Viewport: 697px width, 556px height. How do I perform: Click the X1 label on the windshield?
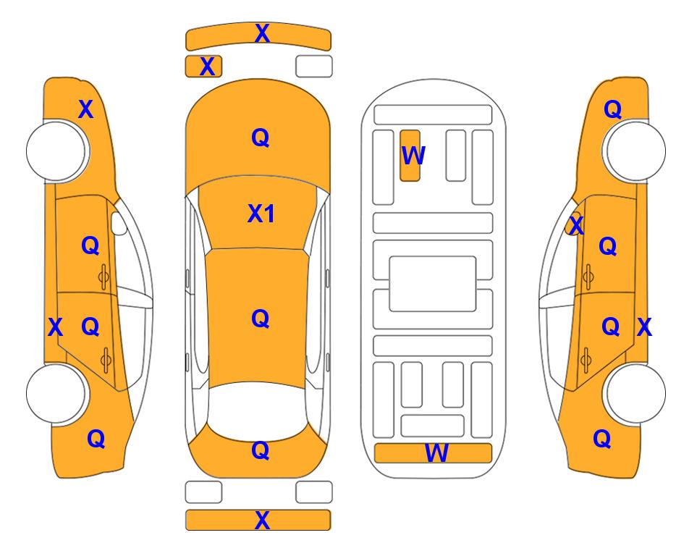pyautogui.click(x=261, y=214)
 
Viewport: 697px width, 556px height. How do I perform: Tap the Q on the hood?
pyautogui.click(x=261, y=138)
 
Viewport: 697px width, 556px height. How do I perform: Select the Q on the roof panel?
pyautogui.click(x=261, y=319)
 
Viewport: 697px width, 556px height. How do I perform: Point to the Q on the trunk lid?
pyautogui.click(x=261, y=450)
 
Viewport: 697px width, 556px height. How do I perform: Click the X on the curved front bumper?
pyautogui.click(x=262, y=33)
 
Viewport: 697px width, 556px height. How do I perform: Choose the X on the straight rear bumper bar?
pyautogui.click(x=262, y=520)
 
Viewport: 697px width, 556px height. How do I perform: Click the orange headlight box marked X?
pyautogui.click(x=203, y=67)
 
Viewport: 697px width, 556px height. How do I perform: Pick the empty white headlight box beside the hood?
pyautogui.click(x=314, y=67)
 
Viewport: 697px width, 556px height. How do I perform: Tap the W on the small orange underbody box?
pyautogui.click(x=413, y=156)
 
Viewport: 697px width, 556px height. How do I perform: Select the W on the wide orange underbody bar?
pyautogui.click(x=436, y=453)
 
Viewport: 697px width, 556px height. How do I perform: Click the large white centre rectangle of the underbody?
pyautogui.click(x=433, y=284)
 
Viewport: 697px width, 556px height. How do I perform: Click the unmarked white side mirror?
pyautogui.click(x=119, y=223)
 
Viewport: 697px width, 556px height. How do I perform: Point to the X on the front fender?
pyautogui.click(x=86, y=109)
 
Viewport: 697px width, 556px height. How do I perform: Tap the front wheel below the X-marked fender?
pyautogui.click(x=56, y=151)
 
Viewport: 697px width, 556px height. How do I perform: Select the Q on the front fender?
pyautogui.click(x=612, y=109)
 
